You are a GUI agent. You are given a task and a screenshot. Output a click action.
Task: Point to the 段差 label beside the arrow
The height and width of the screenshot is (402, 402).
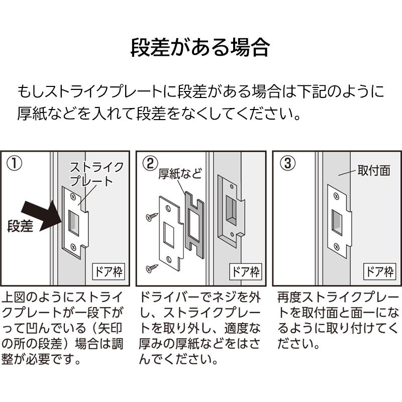tap(21, 227)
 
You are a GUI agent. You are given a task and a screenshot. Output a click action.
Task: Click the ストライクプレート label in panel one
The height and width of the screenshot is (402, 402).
tap(96, 174)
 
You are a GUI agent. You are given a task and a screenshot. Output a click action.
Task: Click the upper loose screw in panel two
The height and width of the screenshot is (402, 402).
tap(151, 217)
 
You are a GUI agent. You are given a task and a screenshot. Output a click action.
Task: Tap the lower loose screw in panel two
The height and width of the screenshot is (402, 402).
tap(151, 268)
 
